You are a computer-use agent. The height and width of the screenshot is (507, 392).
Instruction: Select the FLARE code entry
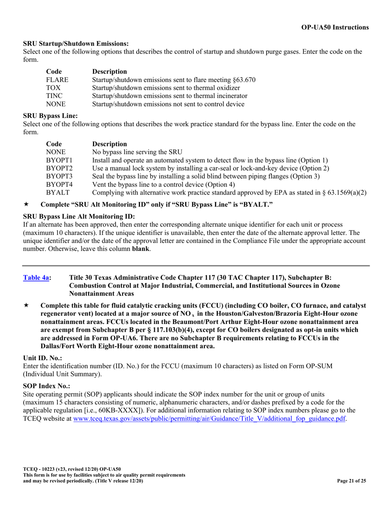[57, 80]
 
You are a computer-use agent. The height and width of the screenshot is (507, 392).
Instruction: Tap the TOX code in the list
[53, 88]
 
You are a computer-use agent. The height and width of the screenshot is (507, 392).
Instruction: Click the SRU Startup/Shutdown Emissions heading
[76, 43]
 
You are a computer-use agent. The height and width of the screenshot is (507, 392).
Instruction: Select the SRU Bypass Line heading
[50, 116]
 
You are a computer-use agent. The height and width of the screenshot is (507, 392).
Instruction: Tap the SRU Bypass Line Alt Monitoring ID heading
[79, 216]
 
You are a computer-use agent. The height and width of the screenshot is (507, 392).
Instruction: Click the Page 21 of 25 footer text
[351, 481]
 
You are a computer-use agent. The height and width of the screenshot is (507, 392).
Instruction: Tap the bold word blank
[141, 249]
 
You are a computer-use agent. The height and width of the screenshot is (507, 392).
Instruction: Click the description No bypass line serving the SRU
[137, 152]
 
